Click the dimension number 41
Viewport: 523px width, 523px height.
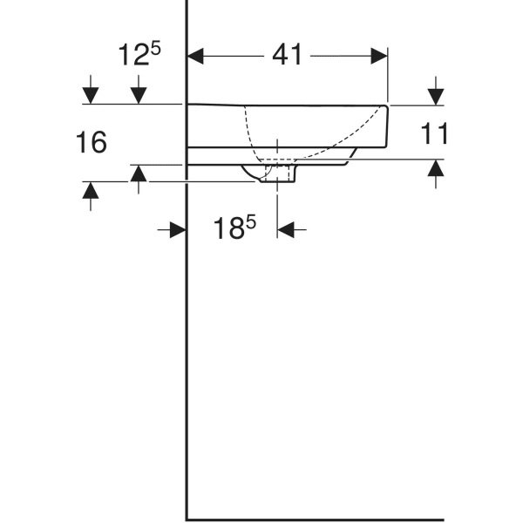pyautogui.click(x=287, y=55)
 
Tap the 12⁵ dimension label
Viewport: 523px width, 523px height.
pyautogui.click(x=139, y=55)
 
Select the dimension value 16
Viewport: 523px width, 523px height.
pyautogui.click(x=91, y=142)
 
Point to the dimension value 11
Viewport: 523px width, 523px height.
pyautogui.click(x=434, y=133)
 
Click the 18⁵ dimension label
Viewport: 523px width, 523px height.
pyautogui.click(x=234, y=228)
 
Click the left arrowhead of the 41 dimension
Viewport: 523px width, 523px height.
pyautogui.click(x=196, y=56)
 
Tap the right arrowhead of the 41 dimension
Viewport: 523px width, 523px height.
pyautogui.click(x=379, y=56)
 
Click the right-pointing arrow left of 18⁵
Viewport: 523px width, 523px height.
pyautogui.click(x=177, y=229)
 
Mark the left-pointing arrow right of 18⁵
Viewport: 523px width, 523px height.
pyautogui.click(x=287, y=229)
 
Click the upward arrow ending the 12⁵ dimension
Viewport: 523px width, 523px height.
pyautogui.click(x=138, y=173)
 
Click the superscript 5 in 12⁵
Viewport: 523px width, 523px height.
pyautogui.click(x=155, y=47)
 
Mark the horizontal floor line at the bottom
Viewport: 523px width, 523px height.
pyautogui.click(x=314, y=520)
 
